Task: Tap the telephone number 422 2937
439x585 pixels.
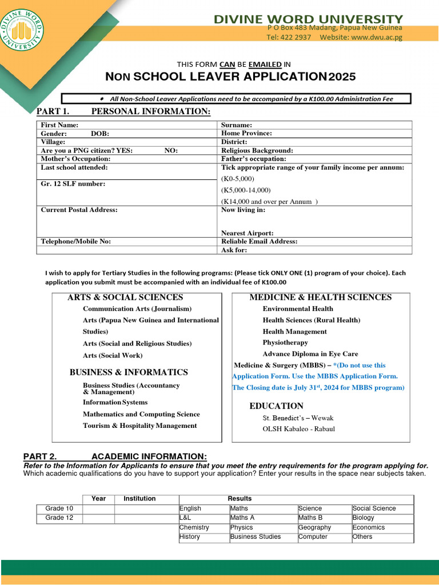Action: click(296, 37)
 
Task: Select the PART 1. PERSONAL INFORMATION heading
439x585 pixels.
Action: click(123, 111)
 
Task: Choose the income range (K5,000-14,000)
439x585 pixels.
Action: click(246, 190)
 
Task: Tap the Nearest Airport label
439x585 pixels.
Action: click(247, 233)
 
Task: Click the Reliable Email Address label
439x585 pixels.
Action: click(259, 242)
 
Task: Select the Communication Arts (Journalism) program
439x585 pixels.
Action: click(137, 308)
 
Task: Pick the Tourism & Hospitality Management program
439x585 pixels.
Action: click(139, 426)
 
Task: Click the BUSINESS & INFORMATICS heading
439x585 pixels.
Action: click(129, 372)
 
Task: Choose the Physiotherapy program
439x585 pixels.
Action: click(285, 343)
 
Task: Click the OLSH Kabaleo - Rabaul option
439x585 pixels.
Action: click(298, 429)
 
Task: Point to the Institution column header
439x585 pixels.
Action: click(139, 499)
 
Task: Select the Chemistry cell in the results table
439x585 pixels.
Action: click(194, 527)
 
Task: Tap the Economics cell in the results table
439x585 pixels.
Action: click(368, 527)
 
